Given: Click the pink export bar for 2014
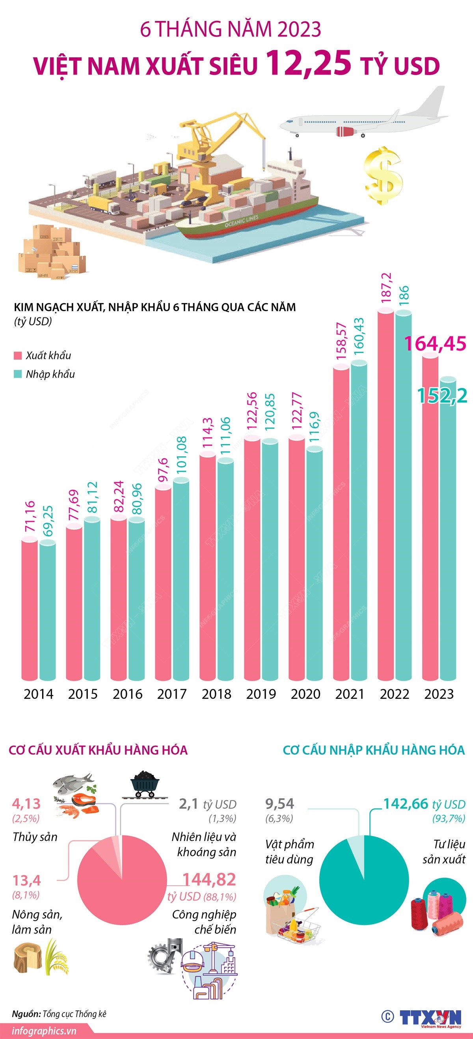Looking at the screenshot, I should pyautogui.click(x=29, y=609).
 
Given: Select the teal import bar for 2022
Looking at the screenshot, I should pyautogui.click(x=403, y=496).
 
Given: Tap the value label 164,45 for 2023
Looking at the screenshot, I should pyautogui.click(x=435, y=344).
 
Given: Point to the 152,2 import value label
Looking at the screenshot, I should pyautogui.click(x=442, y=396).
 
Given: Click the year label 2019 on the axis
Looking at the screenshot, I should pyautogui.click(x=261, y=694).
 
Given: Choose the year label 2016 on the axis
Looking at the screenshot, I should pyautogui.click(x=127, y=694).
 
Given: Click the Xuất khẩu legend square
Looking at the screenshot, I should pyautogui.click(x=17, y=355).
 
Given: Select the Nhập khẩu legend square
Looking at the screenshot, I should pyautogui.click(x=17, y=374).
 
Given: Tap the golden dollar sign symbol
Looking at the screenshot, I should pyautogui.click(x=383, y=175).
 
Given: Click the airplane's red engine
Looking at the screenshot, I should pyautogui.click(x=345, y=131).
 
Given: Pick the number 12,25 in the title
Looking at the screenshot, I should pyautogui.click(x=309, y=64).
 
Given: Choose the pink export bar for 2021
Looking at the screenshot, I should pyautogui.click(x=341, y=524).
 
